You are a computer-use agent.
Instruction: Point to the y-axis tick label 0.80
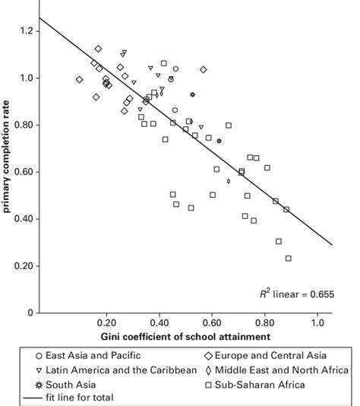point(23,125)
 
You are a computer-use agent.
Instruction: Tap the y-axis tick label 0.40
point(23,219)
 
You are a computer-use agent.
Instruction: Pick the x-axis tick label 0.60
point(212,322)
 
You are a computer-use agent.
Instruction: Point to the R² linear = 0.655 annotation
point(292,293)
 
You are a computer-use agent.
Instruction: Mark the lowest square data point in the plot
point(289,259)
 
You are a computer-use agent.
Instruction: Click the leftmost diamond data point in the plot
point(79,79)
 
